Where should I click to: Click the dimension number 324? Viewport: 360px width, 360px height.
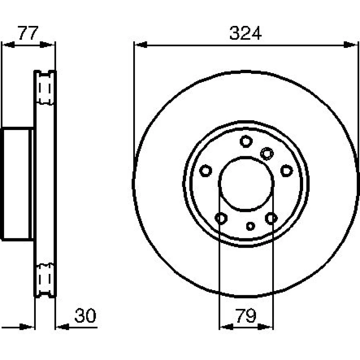245,33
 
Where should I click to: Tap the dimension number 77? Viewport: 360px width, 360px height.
28,33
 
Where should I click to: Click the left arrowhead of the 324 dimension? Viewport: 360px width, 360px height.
140,45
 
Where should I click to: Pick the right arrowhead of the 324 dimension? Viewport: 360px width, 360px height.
351,45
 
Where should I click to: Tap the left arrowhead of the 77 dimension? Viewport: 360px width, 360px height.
8,45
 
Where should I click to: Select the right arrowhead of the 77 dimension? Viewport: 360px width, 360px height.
47,45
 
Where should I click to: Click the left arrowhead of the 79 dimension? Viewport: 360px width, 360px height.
226,327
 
